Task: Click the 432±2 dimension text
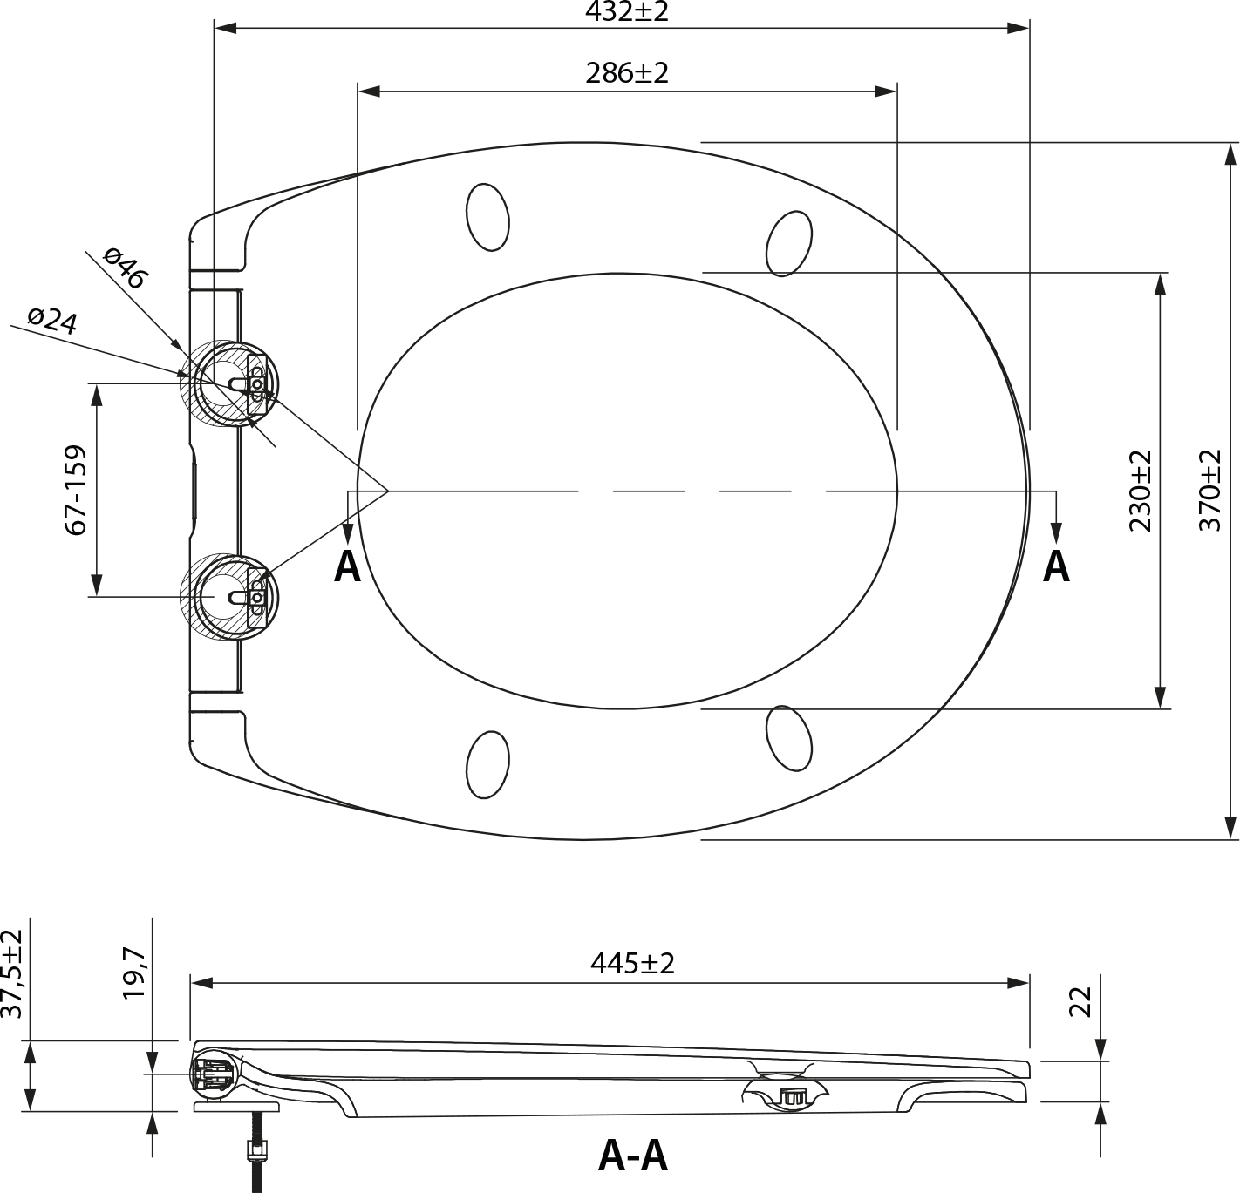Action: click(x=626, y=10)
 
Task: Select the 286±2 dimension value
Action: click(x=626, y=73)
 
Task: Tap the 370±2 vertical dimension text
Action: click(x=1210, y=490)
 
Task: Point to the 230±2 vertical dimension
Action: click(x=1140, y=491)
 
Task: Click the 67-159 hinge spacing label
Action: click(x=75, y=490)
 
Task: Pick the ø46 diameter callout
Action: click(x=126, y=268)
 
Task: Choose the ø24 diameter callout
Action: click(x=53, y=321)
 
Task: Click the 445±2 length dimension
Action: click(x=631, y=964)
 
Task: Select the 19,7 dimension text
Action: click(x=134, y=973)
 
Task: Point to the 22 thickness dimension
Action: click(x=1080, y=1002)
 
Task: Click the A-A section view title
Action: click(x=632, y=1156)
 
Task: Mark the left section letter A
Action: click(x=347, y=566)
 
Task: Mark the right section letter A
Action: click(x=1056, y=566)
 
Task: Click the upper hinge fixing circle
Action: click(x=229, y=383)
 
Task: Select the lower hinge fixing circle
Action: click(x=229, y=597)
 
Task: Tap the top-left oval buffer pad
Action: click(x=487, y=217)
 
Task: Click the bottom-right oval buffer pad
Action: click(x=789, y=737)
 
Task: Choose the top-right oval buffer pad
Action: click(x=789, y=243)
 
